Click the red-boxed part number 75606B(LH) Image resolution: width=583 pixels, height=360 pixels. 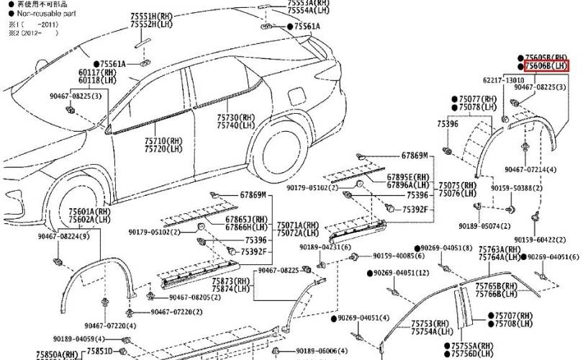[x=546, y=66]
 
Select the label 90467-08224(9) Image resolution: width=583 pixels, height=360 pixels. [x=64, y=235]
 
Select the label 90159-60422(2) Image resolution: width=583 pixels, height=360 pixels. [x=543, y=240]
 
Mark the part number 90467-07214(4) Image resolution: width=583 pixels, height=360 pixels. [x=530, y=169]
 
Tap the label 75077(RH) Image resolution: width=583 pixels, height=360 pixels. [x=478, y=99]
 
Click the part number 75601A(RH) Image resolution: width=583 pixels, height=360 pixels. [x=89, y=212]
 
